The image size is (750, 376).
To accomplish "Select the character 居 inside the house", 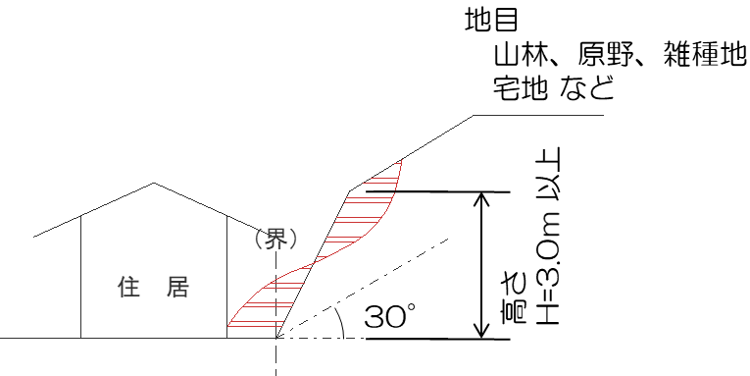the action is click(x=176, y=287).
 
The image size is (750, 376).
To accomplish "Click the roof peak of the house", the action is click(x=153, y=184).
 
